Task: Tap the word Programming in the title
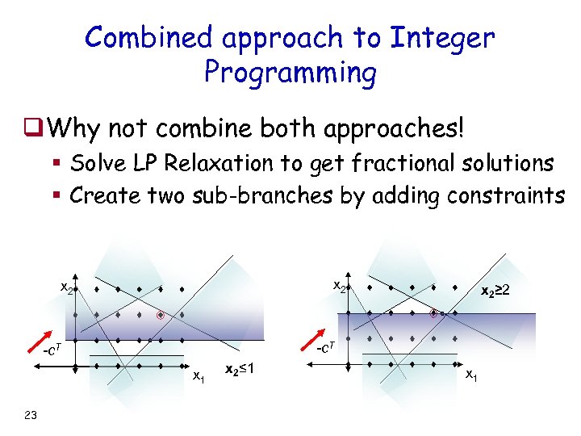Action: (290, 73)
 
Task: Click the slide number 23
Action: (31, 415)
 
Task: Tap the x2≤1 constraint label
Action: (240, 369)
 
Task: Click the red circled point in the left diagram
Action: (160, 315)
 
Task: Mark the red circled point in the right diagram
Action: (434, 313)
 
